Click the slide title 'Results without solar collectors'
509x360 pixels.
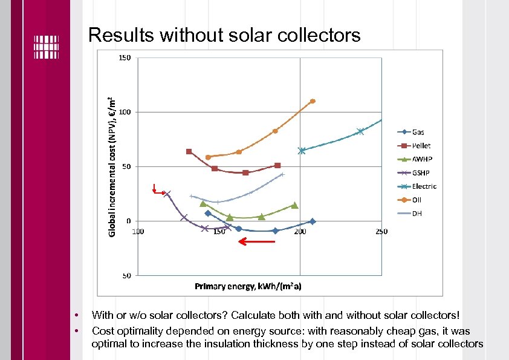224,35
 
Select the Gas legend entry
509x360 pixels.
418,132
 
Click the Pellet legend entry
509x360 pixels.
421,146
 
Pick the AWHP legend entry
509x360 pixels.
421,159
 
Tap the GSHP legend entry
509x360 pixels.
421,172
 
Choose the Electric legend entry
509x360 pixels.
424,186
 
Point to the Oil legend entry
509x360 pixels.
417,200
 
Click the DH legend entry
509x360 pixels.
417,213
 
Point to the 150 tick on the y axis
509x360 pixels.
125,58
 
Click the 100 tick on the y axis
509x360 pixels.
125,112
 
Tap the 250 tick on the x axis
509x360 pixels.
381,232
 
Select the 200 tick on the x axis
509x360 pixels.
300,232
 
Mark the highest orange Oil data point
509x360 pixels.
313,101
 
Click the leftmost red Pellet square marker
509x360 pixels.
189,151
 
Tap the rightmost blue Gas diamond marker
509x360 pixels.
313,221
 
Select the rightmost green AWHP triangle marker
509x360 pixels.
294,205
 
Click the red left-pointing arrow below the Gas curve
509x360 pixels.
256,241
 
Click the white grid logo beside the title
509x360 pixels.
46,47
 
